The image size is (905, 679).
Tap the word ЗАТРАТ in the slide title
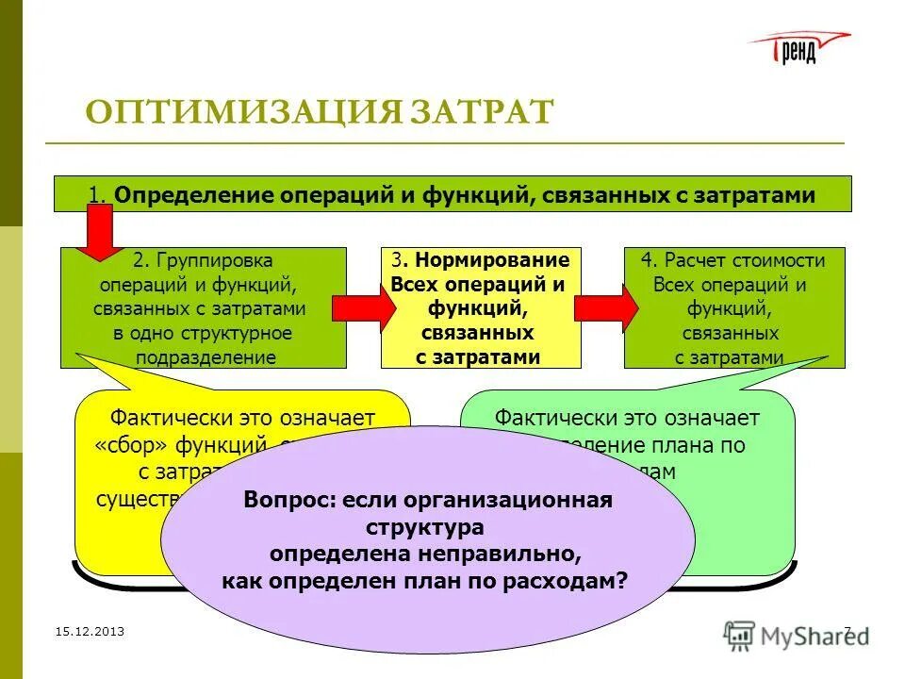click(482, 112)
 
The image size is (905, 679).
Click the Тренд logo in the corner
click(799, 47)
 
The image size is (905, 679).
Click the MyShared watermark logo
click(797, 635)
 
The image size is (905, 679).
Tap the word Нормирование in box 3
click(489, 260)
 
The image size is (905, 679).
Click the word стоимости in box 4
click(779, 260)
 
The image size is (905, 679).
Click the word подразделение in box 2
click(206, 357)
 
